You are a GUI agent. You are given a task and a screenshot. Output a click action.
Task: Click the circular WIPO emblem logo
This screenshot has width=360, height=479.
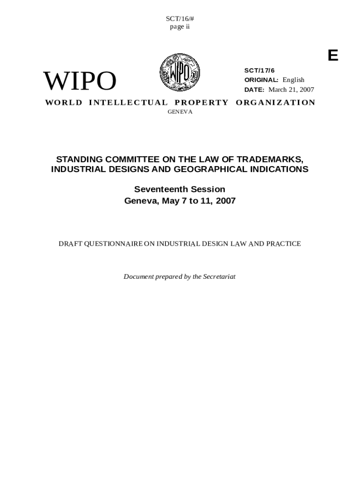180,72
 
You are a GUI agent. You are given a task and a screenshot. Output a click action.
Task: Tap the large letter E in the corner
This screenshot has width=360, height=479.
332,56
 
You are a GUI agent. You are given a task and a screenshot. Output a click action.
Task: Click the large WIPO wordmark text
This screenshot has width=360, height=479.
79,81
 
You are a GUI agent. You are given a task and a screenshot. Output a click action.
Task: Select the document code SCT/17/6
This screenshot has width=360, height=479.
259,70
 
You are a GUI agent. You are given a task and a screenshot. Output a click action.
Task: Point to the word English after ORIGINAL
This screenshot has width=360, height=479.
293,80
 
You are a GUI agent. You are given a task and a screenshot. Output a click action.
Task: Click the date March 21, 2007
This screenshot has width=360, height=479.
291,89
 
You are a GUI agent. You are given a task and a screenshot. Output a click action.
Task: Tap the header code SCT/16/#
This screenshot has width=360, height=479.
180,19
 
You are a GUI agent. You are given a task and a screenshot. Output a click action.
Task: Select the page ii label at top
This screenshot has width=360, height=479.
180,27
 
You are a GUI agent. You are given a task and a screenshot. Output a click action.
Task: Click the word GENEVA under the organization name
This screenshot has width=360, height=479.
180,112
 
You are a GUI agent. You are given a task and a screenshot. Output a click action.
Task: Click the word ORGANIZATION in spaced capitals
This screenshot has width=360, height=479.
275,102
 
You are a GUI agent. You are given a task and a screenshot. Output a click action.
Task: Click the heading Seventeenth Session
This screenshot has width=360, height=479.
180,189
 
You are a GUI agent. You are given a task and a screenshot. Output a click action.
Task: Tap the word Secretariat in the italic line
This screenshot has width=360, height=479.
219,276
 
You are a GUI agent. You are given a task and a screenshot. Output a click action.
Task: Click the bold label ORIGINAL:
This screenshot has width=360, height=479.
261,80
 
